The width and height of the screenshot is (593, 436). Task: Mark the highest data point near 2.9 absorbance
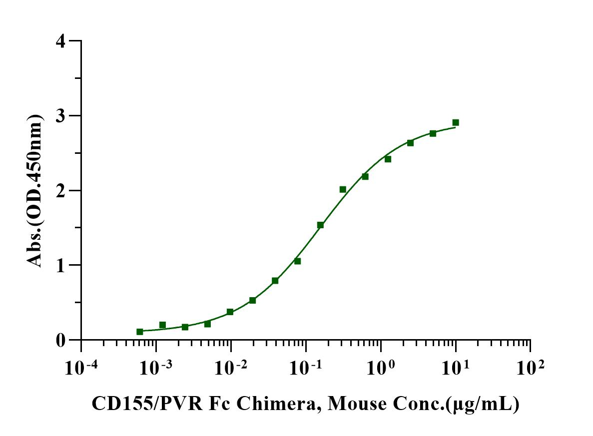pos(456,122)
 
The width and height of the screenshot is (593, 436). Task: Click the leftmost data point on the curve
pos(140,332)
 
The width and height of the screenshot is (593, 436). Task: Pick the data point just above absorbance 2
pos(343,189)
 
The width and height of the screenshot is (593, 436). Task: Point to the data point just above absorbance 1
pos(297,261)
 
